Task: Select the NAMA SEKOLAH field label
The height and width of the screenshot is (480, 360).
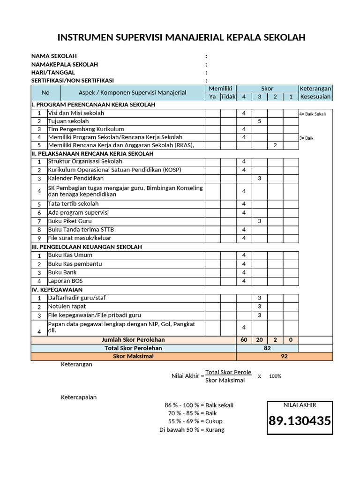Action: [54, 56]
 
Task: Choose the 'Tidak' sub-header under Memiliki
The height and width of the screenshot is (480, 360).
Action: [228, 97]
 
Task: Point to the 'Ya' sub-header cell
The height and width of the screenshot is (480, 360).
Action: [212, 97]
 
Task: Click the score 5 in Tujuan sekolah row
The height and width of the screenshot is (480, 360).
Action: [259, 121]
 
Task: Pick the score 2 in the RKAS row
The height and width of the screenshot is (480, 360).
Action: [275, 145]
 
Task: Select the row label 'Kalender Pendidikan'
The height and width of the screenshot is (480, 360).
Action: [76, 179]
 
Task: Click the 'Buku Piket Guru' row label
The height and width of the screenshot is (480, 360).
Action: [70, 221]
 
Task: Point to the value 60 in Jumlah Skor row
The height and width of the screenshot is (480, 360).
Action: [244, 340]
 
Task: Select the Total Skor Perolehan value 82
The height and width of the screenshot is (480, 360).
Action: [267, 348]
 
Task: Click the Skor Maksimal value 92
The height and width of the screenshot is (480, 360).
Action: [284, 356]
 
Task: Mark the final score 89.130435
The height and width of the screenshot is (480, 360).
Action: [300, 421]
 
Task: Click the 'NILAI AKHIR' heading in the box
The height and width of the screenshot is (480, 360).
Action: [300, 405]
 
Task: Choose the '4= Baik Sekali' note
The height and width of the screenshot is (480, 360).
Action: [313, 114]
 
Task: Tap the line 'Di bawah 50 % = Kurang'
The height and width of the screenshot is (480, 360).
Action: [192, 430]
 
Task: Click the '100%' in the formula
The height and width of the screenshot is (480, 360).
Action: [275, 376]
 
